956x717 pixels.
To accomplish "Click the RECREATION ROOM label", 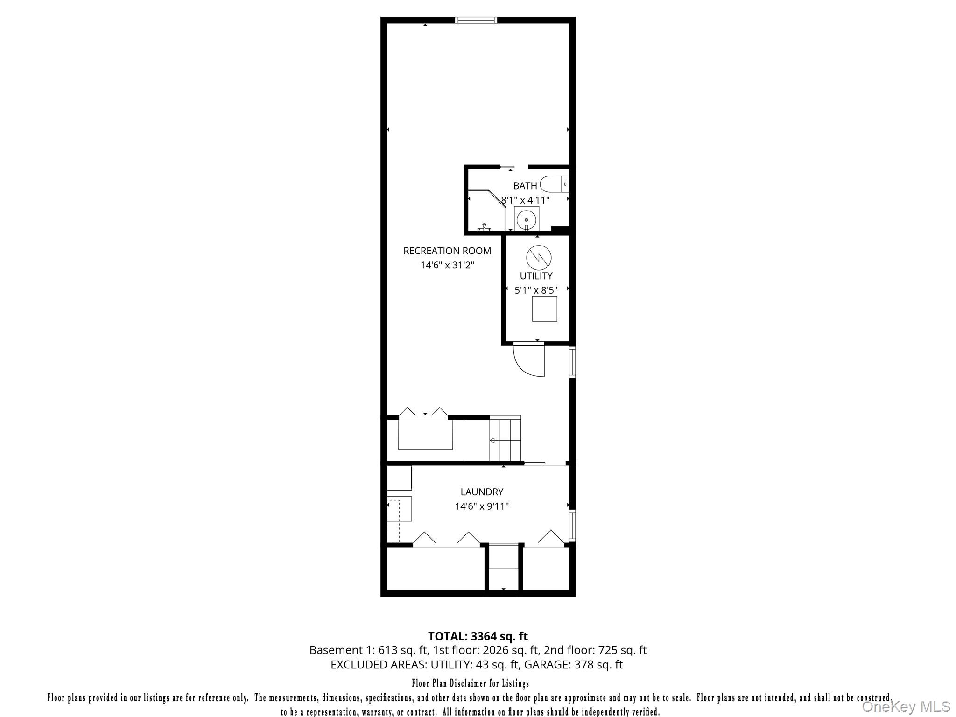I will coord(447,251).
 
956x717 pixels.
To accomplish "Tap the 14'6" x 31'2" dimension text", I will coord(447,265).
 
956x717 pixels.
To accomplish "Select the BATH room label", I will coord(525,186).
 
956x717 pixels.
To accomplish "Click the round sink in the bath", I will coord(527,218).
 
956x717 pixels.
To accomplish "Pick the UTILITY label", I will coord(536,276).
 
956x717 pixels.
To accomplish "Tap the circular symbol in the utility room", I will coord(539,257).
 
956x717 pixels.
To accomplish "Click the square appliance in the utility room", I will coord(544,309).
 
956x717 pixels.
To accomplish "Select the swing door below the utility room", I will coord(530,359).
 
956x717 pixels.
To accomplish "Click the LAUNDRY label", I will coord(482,492).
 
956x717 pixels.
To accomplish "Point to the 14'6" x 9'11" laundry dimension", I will coord(482,506).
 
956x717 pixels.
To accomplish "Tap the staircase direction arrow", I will coord(492,440).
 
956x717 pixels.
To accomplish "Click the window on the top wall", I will coord(476,20).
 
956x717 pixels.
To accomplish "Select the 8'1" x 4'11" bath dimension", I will coord(525,200).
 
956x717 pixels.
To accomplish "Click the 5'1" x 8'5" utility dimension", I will coord(536,290).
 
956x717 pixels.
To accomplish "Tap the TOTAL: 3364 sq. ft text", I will coord(478,636).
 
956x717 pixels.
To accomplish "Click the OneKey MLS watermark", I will coord(906,706).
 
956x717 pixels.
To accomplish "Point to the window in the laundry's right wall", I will coord(572,525).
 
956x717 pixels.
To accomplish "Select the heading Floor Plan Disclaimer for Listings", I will coord(470,684).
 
